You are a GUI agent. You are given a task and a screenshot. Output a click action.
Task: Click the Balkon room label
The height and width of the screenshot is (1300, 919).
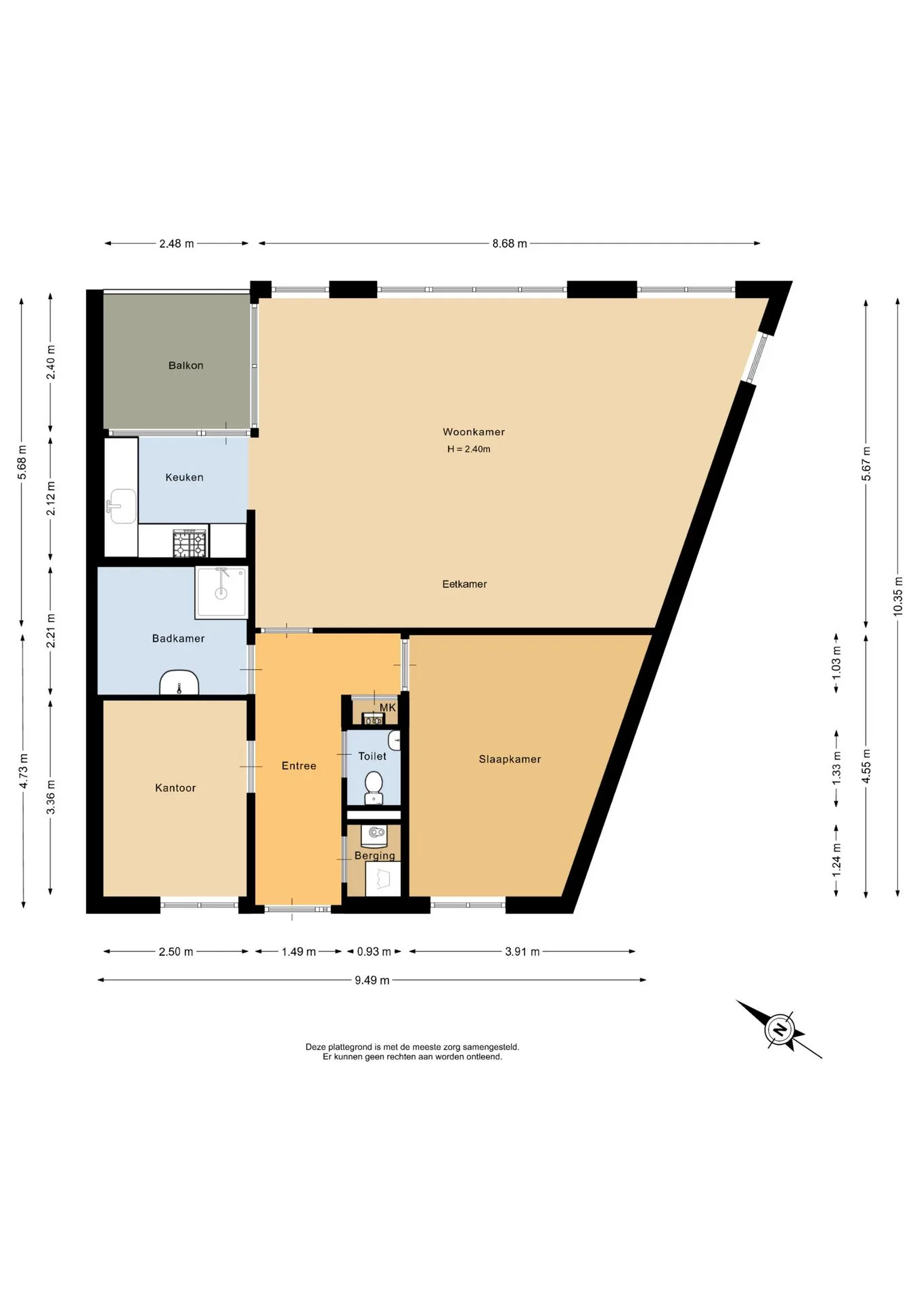(x=185, y=366)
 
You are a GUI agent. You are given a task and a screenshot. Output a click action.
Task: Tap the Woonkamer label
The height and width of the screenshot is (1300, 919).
(x=474, y=432)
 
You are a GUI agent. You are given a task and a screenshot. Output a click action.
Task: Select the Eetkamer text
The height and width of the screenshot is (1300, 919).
(x=464, y=584)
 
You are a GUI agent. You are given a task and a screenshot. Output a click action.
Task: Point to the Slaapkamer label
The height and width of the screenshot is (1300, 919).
(x=510, y=760)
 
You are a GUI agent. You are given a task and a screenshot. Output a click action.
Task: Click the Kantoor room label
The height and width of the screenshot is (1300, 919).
(x=175, y=788)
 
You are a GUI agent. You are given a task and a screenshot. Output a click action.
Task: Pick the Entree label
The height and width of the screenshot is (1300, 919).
(x=299, y=766)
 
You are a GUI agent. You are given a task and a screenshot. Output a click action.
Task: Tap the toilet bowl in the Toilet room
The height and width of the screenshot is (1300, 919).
(x=374, y=787)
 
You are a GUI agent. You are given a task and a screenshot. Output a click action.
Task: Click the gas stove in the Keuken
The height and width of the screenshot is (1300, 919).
(x=189, y=543)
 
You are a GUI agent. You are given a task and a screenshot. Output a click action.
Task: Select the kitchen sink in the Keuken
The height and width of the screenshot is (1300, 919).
(x=121, y=506)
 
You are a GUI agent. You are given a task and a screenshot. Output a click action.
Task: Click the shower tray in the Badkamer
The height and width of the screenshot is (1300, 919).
(x=221, y=592)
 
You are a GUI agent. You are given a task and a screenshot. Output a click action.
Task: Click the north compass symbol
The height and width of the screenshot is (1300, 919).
(x=780, y=1030)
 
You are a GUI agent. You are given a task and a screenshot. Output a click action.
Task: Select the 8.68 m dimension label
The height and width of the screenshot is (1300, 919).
(x=510, y=244)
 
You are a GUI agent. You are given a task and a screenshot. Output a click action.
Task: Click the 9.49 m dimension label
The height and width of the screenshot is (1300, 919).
(x=372, y=980)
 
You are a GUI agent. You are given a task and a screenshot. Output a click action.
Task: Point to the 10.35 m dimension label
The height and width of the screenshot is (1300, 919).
(x=898, y=596)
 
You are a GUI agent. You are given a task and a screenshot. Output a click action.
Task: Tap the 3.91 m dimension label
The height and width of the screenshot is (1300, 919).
(x=522, y=952)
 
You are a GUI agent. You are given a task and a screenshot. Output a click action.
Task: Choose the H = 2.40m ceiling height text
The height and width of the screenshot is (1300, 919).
(x=468, y=449)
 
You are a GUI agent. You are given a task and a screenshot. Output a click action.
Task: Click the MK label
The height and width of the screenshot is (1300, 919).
(x=388, y=708)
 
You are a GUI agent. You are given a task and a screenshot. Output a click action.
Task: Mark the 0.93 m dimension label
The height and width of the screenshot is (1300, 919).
(x=374, y=952)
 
